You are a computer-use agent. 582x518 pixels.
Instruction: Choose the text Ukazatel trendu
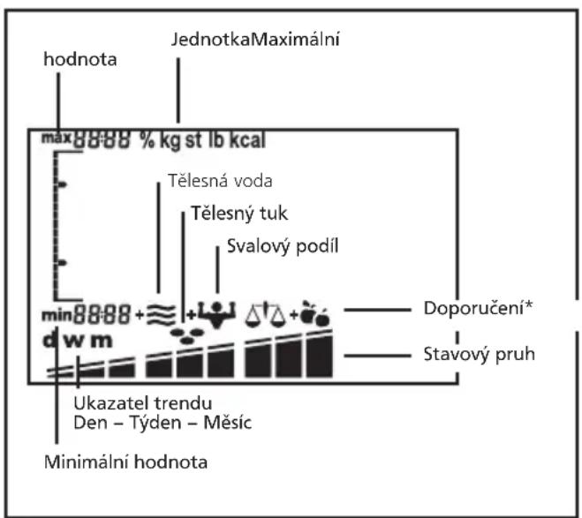(121, 406)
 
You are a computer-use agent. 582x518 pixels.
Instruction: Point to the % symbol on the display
(147, 141)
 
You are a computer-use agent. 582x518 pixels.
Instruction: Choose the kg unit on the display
(170, 141)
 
